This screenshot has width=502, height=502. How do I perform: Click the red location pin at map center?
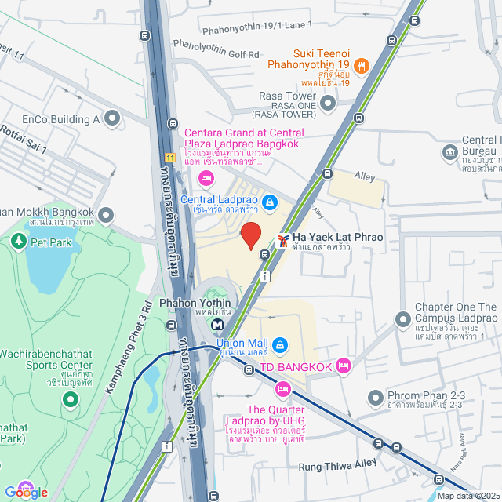click(250, 235)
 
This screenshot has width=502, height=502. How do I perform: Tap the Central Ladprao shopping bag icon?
click(270, 203)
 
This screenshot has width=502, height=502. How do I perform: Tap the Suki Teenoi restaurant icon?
click(362, 67)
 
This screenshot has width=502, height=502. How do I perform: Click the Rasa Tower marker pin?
click(328, 102)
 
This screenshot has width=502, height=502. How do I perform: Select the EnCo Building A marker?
click(112, 119)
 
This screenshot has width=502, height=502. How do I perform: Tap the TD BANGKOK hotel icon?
click(343, 366)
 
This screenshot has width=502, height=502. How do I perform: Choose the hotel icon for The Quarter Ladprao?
click(282, 388)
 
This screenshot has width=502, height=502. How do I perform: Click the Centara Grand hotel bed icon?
click(206, 179)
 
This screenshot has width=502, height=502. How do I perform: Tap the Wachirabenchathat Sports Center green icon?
click(71, 400)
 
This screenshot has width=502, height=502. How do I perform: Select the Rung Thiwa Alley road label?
click(338, 465)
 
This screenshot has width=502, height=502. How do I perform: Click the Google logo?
click(27, 492)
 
